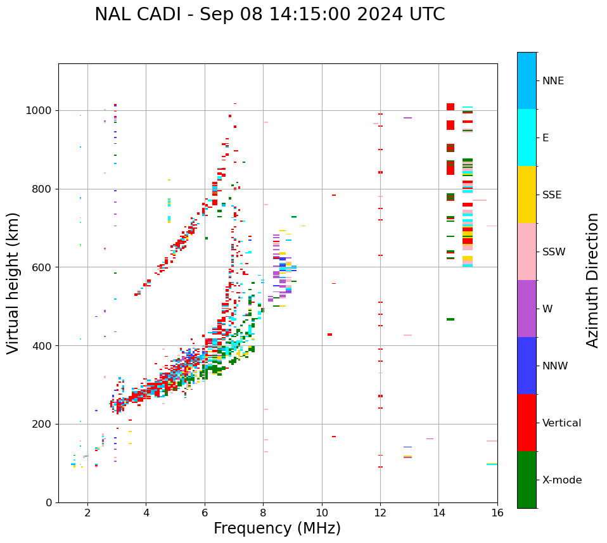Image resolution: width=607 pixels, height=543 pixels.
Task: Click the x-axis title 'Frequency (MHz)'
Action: coord(277,528)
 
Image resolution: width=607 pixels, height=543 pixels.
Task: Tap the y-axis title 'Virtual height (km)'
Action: coord(13,283)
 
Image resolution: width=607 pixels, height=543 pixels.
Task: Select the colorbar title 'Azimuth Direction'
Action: coord(592,280)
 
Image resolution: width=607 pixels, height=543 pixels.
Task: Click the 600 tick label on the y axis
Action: coord(41,267)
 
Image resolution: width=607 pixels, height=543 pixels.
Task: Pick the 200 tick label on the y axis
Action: coord(41,424)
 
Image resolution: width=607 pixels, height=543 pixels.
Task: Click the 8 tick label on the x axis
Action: coord(263,513)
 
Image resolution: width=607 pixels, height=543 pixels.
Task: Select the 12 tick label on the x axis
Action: coord(380,513)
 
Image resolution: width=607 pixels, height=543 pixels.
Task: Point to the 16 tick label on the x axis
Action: coord(497,513)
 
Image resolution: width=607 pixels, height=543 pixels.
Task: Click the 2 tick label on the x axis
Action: coord(87,513)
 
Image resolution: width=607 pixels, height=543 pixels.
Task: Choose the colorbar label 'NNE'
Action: coord(553,81)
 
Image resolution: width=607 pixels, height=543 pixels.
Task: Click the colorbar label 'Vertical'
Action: coord(561,423)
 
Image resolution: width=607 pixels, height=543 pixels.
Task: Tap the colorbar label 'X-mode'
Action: coord(561,480)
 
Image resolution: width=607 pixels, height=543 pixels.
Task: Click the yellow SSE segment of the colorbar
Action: coord(527,195)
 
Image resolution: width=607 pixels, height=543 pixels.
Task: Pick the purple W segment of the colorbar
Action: coord(527,309)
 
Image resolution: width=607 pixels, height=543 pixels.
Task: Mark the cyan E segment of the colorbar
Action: coord(527,137)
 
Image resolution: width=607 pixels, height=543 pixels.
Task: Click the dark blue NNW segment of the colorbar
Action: coord(527,366)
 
